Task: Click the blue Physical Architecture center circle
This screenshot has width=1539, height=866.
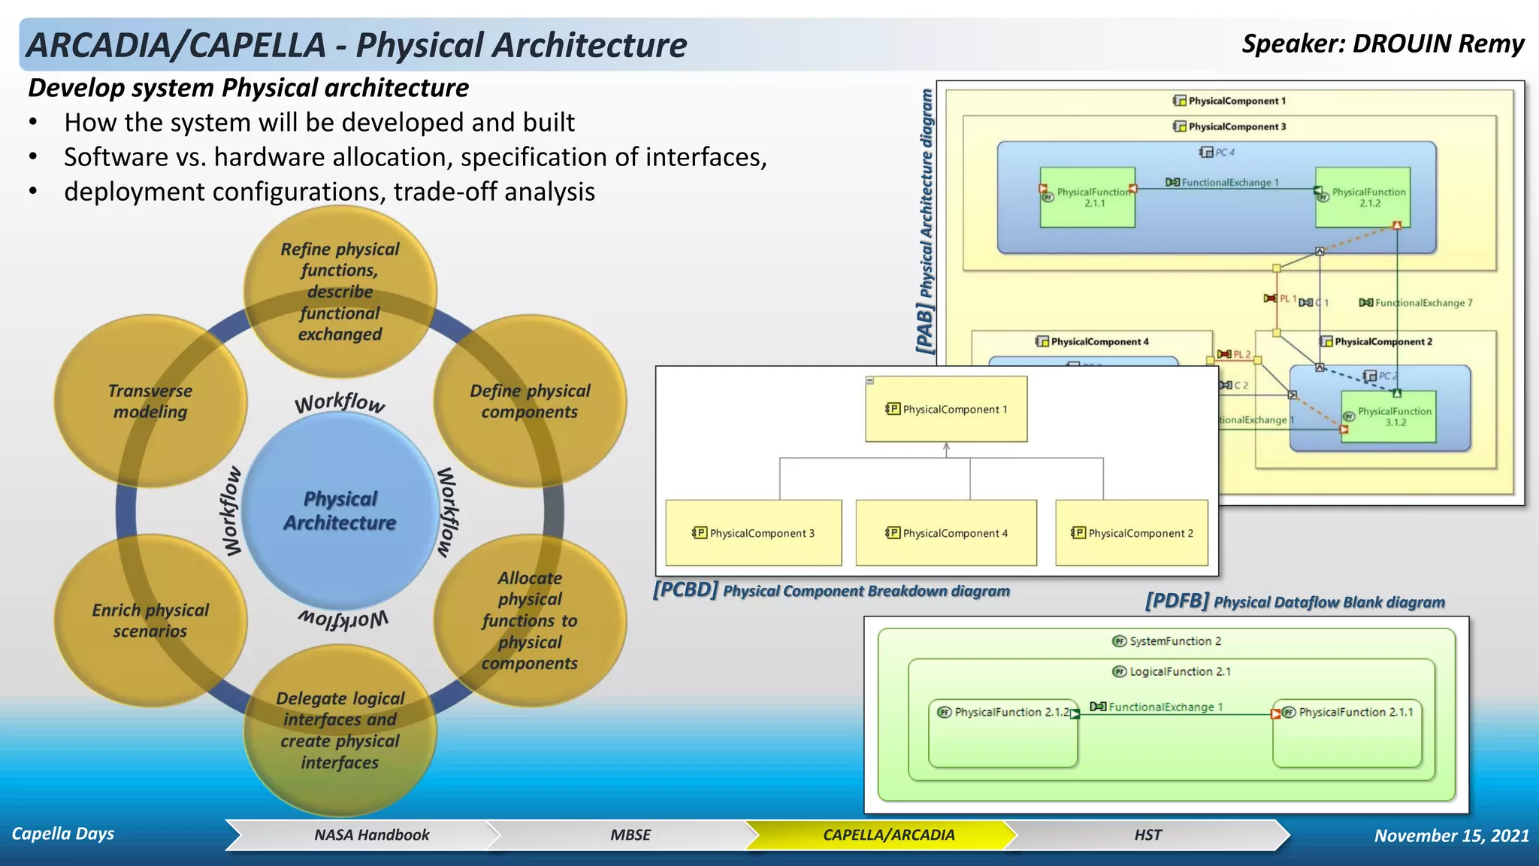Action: point(340,511)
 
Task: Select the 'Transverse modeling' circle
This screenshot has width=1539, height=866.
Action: point(150,401)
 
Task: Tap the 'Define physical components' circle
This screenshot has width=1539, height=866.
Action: point(531,401)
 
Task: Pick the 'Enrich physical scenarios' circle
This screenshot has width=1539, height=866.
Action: point(150,621)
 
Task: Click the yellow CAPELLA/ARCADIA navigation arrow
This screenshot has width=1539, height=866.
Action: point(888,835)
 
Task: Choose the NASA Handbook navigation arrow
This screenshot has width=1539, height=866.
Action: point(371,835)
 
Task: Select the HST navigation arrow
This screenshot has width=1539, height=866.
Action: point(1147,835)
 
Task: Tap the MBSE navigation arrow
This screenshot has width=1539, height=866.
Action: point(630,835)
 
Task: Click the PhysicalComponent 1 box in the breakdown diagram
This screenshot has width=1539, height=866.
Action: point(946,409)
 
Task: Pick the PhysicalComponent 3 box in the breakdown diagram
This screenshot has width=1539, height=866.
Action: point(754,533)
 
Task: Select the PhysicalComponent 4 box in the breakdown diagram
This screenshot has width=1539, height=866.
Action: point(946,533)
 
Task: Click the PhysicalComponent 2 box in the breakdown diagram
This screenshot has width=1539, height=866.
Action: point(1132,533)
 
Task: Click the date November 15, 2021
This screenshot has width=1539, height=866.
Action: point(1451,836)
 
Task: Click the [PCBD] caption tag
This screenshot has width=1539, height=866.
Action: point(685,589)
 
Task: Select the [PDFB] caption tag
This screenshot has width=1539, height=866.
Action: point(1177,601)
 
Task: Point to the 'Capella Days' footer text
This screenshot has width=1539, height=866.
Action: point(63,834)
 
